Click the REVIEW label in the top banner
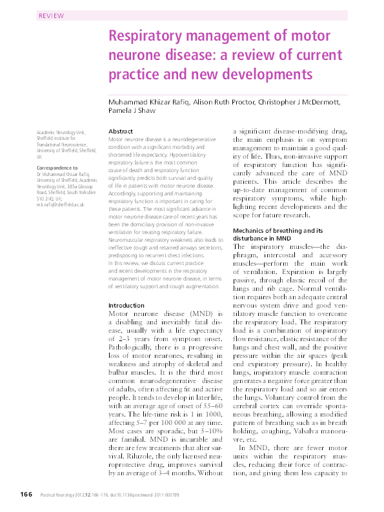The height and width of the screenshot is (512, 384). click(52, 15)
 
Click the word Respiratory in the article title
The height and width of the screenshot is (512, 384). click(145, 36)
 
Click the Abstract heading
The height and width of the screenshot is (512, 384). click(121, 131)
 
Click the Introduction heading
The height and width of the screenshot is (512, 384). click(126, 305)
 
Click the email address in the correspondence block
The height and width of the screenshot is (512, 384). click(61, 204)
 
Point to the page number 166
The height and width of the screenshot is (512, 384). click(25, 494)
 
